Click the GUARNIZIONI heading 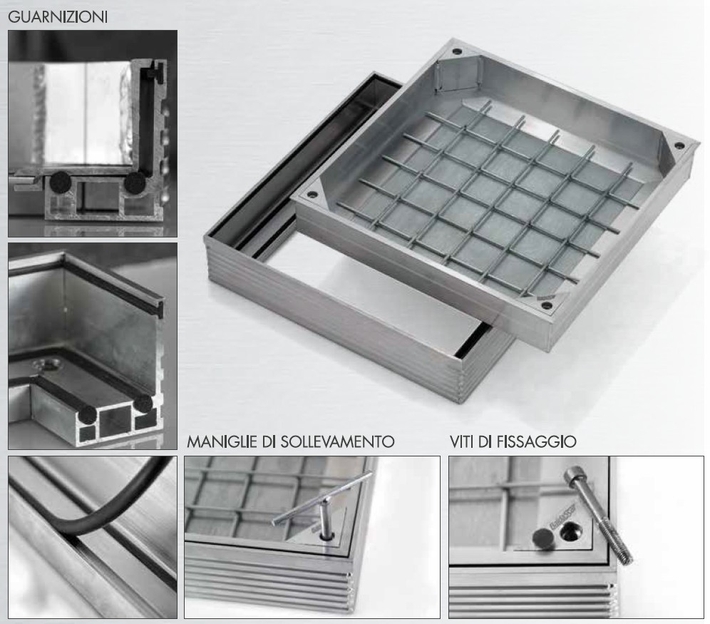tap(58, 17)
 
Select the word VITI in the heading tap(462, 441)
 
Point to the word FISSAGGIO tap(537, 441)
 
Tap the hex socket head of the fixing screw tap(573, 478)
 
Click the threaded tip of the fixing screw tap(625, 558)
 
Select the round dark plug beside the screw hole tap(542, 538)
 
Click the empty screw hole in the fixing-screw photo tap(569, 531)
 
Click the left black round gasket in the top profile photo tap(61, 182)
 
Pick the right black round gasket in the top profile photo tap(135, 183)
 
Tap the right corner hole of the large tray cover tap(679, 145)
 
